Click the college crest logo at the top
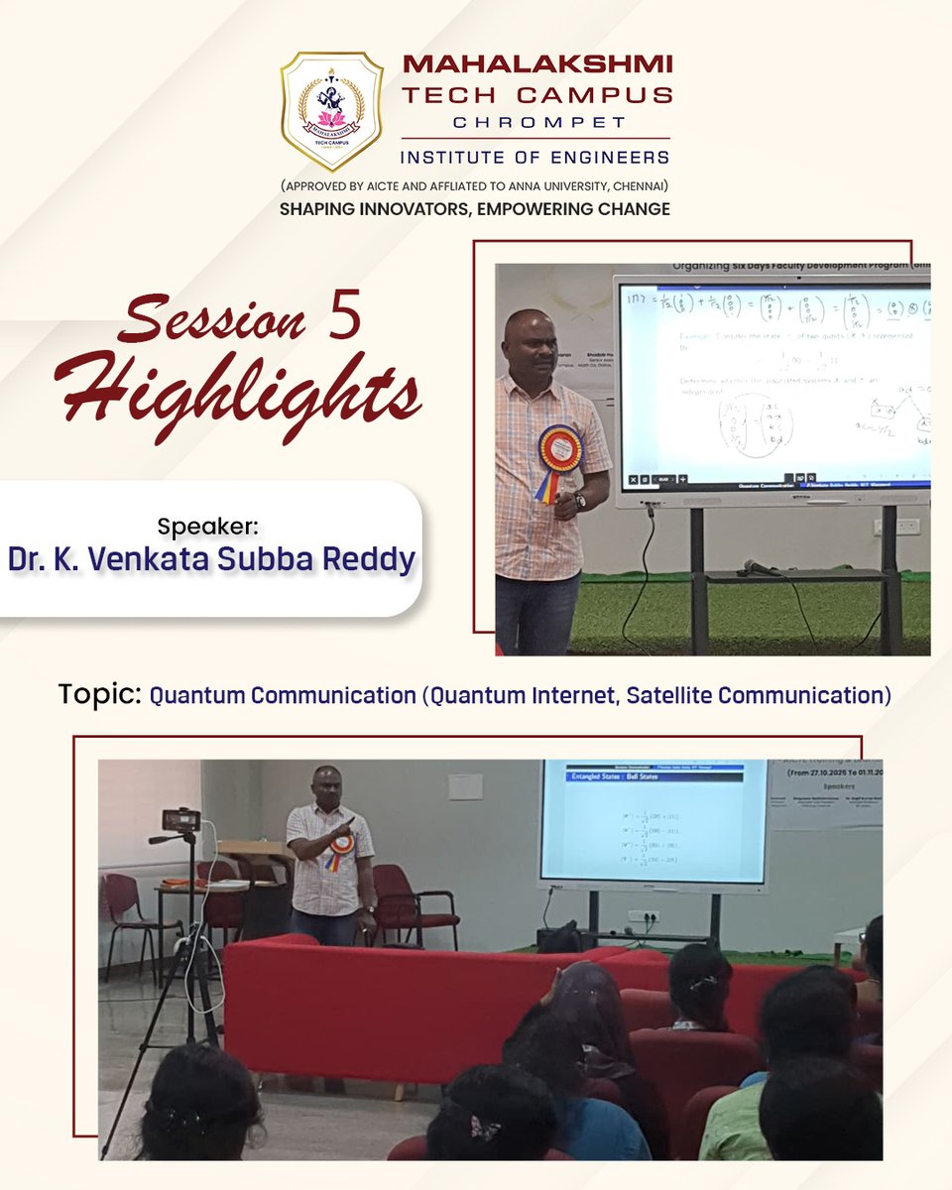[x=331, y=111]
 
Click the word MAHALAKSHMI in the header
[x=537, y=64]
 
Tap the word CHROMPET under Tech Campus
[x=535, y=123]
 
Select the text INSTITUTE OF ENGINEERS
[x=535, y=157]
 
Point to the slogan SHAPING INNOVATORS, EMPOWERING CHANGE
[x=475, y=209]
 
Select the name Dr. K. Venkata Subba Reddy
[x=210, y=559]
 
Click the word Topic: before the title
[x=99, y=694]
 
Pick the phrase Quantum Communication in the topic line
[x=283, y=695]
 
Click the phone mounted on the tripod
[x=180, y=820]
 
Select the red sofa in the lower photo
[x=397, y=1002]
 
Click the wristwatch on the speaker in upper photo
[x=579, y=501]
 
